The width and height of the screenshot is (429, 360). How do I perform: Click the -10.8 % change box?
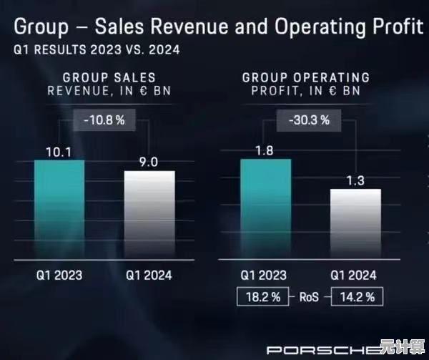(104, 120)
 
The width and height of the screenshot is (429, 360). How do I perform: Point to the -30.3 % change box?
(310, 120)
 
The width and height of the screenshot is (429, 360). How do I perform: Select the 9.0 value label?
(149, 162)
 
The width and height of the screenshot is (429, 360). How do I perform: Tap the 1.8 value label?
(265, 150)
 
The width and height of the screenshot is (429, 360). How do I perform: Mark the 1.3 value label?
(355, 180)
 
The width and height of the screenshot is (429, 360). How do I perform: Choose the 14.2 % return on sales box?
(355, 295)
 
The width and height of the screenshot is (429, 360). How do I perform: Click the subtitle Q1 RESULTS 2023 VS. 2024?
(97, 51)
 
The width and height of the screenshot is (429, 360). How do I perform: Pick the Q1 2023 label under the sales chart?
(59, 274)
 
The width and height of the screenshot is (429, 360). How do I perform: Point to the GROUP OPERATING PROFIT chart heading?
(306, 84)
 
